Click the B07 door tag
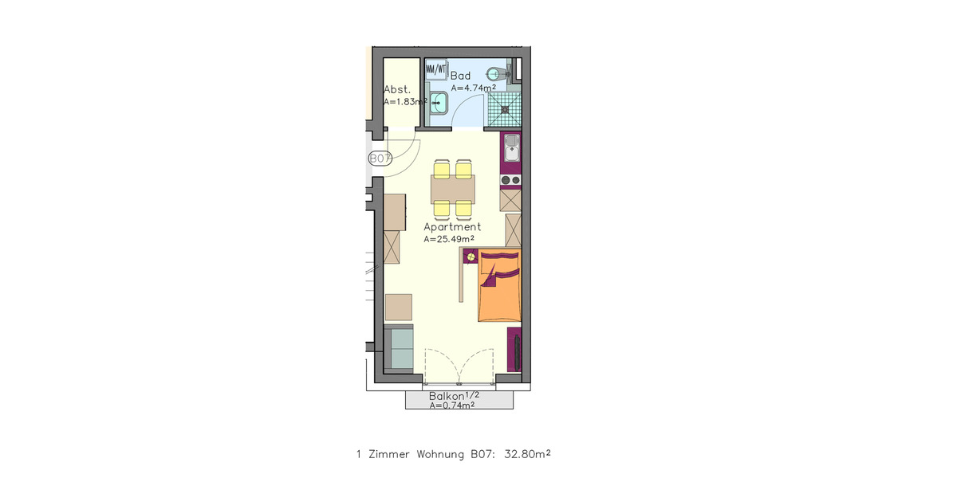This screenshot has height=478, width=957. click(x=380, y=159)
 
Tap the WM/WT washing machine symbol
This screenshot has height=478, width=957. click(x=436, y=69)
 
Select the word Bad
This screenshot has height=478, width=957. click(x=461, y=76)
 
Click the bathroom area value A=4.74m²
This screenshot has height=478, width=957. click(x=474, y=88)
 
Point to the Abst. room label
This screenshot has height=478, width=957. click(x=396, y=89)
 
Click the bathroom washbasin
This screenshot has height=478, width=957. click(x=438, y=101)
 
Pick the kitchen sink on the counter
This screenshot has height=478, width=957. click(x=511, y=147)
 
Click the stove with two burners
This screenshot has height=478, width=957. click(x=510, y=180)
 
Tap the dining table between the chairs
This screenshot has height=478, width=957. click(x=452, y=190)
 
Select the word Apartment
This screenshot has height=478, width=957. click(x=452, y=227)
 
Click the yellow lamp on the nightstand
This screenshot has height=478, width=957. click(x=471, y=257)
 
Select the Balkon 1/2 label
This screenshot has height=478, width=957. click(x=455, y=396)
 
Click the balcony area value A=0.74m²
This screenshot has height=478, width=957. click(x=452, y=406)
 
